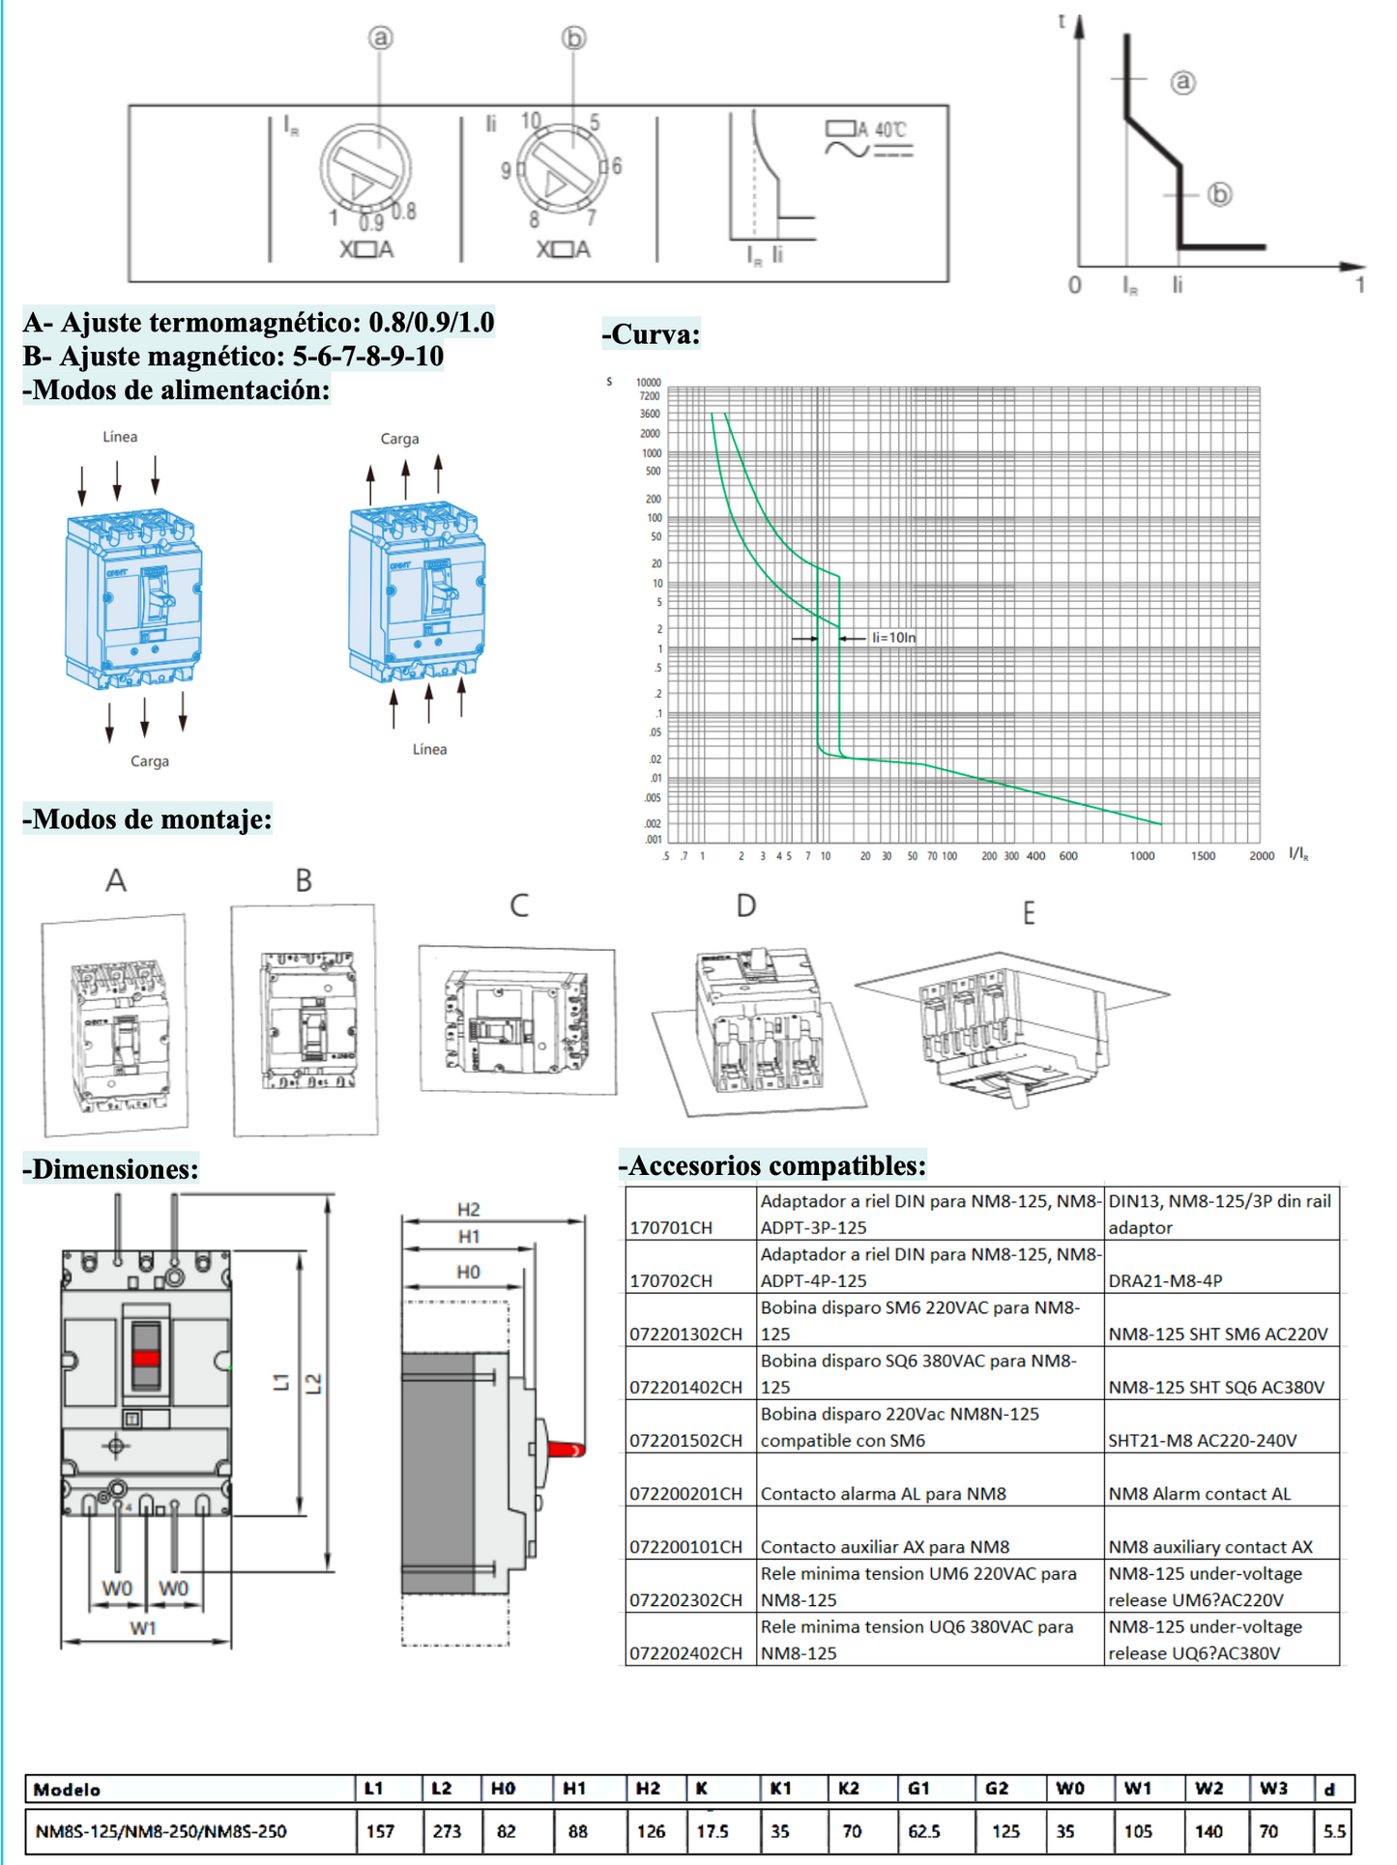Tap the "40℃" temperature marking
tap(890, 129)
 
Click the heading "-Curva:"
tap(652, 334)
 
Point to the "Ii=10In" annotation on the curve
tap(893, 638)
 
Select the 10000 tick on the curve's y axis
tap(649, 383)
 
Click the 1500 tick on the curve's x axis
tap(1203, 856)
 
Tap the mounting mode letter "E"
tap(1029, 913)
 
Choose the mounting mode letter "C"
tap(519, 905)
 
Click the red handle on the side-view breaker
tap(567, 1449)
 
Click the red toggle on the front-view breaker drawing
tap(146, 1358)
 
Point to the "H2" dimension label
tap(469, 1210)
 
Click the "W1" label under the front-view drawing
tap(143, 1629)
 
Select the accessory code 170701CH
tap(671, 1228)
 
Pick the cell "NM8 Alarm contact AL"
tap(1200, 1494)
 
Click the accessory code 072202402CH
tap(685, 1653)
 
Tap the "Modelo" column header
tap(67, 1790)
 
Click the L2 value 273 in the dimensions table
tap(447, 1831)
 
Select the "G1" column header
tap(918, 1789)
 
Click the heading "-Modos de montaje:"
tap(147, 819)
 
